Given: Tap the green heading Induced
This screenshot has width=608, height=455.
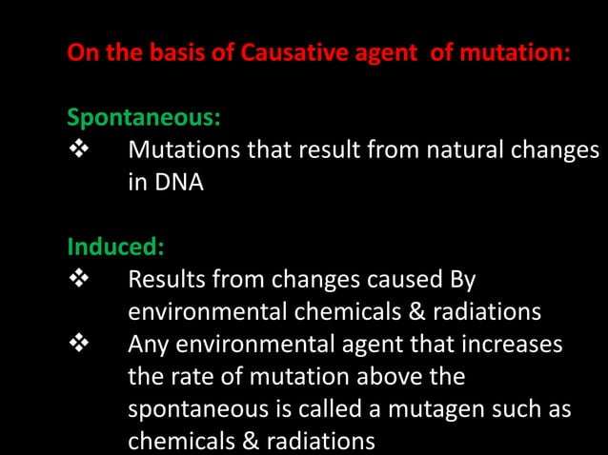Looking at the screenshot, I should [x=115, y=247].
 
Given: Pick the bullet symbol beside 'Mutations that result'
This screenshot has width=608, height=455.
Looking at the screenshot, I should [x=79, y=150].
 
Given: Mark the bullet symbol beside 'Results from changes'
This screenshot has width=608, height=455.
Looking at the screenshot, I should [x=79, y=281].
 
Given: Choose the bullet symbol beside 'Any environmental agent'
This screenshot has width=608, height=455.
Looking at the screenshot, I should [x=79, y=344].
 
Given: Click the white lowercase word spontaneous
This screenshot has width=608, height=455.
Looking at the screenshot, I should [x=194, y=409].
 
